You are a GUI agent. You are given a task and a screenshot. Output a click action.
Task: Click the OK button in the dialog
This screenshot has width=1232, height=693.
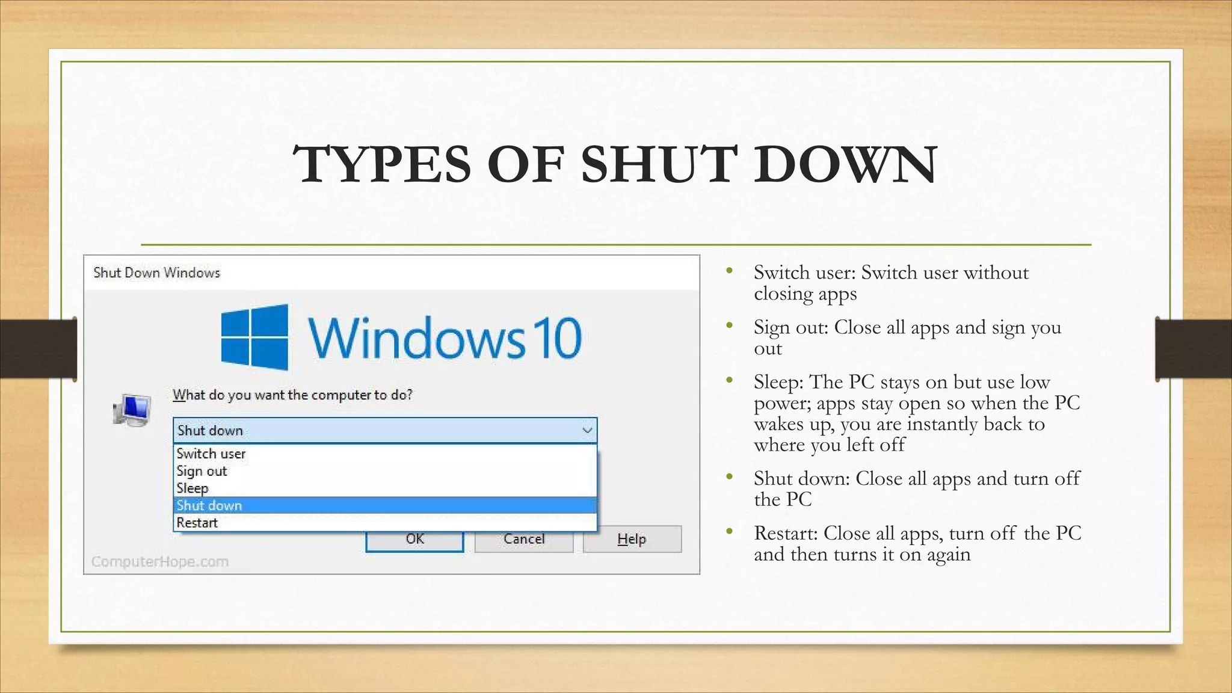click(414, 540)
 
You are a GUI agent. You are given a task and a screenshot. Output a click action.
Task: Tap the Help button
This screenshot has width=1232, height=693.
click(632, 539)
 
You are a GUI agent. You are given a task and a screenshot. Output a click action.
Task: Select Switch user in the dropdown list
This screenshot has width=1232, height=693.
click(211, 454)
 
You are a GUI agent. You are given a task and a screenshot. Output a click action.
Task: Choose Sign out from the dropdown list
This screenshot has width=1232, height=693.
click(202, 471)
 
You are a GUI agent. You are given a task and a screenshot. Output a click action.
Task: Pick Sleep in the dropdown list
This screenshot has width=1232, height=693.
click(192, 488)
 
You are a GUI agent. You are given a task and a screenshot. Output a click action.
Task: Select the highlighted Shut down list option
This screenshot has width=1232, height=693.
click(209, 506)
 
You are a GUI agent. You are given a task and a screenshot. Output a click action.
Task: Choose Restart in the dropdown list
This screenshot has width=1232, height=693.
click(197, 523)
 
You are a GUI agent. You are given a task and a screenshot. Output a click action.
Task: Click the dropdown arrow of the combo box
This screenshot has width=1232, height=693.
click(587, 431)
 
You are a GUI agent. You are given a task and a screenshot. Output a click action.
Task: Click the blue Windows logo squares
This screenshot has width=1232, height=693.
click(254, 337)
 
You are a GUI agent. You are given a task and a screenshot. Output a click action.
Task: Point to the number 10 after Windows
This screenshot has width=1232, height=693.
click(559, 339)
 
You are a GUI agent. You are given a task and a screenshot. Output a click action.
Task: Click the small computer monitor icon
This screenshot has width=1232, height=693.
click(132, 410)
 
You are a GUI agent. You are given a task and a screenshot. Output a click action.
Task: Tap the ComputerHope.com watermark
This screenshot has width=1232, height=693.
click(160, 562)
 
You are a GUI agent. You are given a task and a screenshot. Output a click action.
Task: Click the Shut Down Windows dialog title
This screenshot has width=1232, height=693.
click(157, 273)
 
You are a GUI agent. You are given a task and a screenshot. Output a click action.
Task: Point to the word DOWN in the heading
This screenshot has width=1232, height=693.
click(845, 164)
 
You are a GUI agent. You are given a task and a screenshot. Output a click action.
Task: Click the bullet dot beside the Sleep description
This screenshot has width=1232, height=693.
click(730, 380)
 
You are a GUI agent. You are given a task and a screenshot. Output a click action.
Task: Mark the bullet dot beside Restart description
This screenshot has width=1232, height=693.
click(730, 531)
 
